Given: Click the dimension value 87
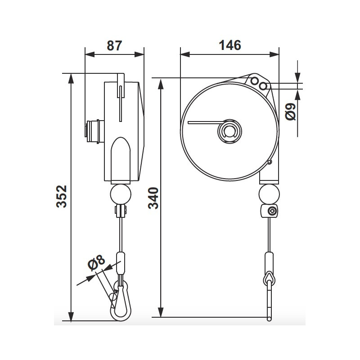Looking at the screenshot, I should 114,45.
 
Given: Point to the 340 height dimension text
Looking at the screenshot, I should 153,198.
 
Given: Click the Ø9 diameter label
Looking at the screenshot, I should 291,111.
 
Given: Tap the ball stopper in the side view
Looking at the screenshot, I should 120,194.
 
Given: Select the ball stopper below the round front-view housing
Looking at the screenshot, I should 269,194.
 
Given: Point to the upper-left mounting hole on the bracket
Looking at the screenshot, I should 256,81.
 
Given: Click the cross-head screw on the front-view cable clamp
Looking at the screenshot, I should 272,211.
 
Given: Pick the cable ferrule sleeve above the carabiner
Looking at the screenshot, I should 120,263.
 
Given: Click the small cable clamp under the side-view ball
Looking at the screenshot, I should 120,210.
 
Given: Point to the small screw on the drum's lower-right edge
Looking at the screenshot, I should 270,162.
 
